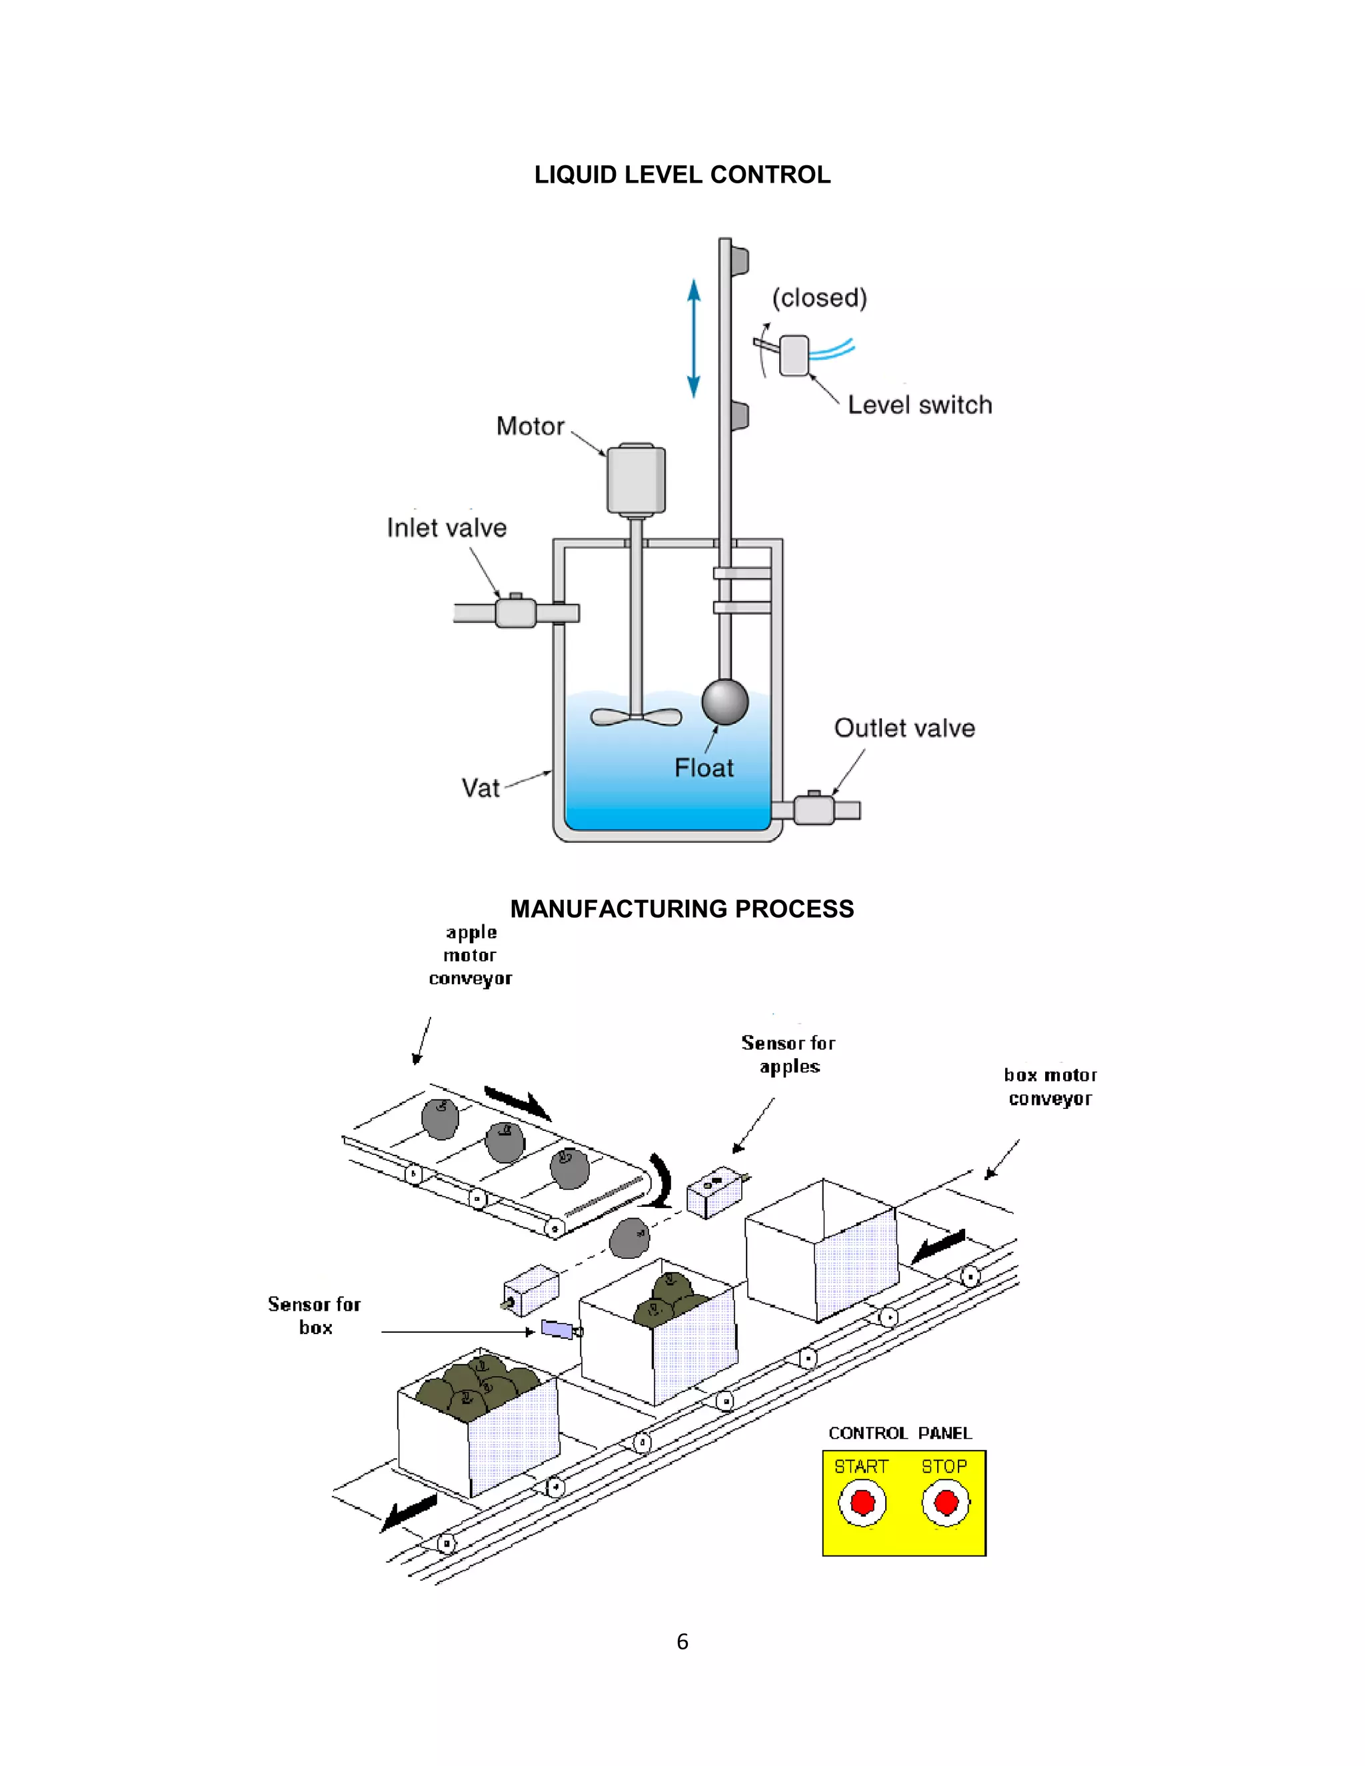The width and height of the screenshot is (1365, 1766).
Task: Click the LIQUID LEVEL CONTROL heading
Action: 682,175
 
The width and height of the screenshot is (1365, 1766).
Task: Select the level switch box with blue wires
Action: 793,356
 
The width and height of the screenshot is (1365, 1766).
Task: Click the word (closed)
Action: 819,298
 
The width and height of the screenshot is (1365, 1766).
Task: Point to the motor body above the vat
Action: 636,478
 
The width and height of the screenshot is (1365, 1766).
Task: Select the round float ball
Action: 724,701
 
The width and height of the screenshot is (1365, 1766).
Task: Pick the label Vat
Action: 481,788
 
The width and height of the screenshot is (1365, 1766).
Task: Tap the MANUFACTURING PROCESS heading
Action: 682,909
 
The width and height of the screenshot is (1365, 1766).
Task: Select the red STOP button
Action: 945,1503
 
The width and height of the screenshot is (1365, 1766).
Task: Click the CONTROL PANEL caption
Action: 899,1433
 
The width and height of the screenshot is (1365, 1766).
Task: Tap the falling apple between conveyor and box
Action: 629,1239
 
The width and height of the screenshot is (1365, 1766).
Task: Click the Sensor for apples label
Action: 788,1054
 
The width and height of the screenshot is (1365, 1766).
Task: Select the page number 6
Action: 682,1642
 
